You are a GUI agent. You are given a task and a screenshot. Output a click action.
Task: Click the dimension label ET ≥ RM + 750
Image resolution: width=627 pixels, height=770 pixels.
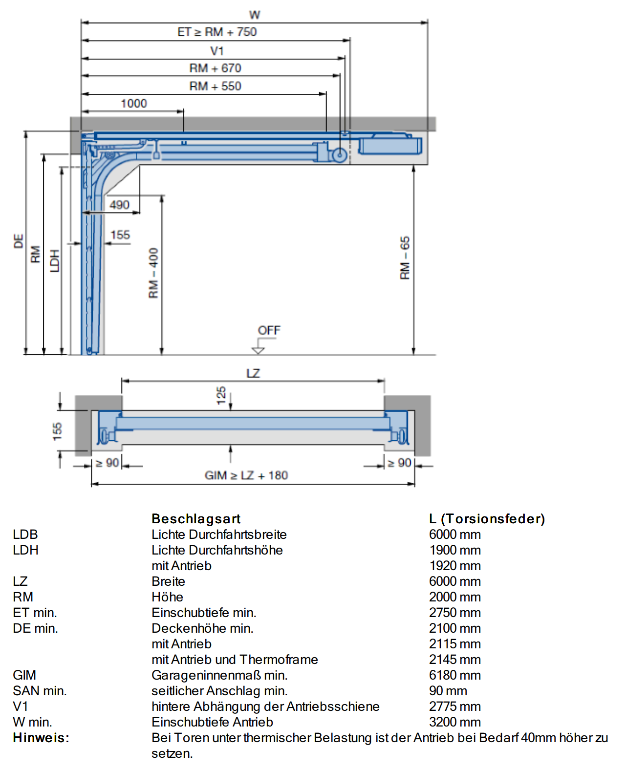click(217, 32)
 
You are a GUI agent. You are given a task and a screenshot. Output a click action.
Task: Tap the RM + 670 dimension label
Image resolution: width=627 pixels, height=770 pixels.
click(215, 68)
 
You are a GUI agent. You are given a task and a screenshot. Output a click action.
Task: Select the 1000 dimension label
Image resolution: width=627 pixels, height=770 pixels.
click(134, 104)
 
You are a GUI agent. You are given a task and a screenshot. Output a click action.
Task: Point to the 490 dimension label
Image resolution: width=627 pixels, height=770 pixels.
click(119, 205)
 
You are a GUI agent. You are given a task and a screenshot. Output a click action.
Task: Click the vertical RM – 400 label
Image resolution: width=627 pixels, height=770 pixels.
click(153, 273)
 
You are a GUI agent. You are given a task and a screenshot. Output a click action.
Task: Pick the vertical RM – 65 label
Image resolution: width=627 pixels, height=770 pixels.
click(405, 258)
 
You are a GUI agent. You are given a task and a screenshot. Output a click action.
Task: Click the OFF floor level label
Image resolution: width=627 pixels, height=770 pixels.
click(269, 330)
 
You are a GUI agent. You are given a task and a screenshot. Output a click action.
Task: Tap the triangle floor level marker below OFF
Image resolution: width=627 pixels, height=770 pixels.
click(258, 350)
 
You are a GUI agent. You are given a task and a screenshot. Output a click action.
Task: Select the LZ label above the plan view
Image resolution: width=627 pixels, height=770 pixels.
click(253, 373)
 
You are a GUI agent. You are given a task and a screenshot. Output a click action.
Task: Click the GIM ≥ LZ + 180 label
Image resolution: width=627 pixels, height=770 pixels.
click(246, 475)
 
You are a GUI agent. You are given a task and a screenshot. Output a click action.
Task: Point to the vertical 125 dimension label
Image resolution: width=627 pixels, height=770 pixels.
click(221, 395)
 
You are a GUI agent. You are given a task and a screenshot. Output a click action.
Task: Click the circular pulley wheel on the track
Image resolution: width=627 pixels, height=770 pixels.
click(339, 155)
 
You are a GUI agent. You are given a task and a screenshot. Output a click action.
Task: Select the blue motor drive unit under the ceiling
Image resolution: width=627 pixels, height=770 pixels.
click(390, 145)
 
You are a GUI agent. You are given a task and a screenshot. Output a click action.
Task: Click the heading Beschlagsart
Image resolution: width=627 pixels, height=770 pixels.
click(196, 519)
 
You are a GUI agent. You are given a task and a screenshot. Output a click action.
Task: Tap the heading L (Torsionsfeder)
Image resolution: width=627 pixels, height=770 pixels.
click(487, 519)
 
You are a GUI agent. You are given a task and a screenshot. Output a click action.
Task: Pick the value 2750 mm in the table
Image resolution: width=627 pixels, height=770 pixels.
click(455, 612)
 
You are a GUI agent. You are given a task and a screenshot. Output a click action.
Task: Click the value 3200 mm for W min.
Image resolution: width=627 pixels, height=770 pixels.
click(455, 722)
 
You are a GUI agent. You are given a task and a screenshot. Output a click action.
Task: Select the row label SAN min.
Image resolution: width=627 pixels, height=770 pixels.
click(40, 691)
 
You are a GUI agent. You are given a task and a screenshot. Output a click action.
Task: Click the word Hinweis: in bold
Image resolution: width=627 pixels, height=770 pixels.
click(41, 737)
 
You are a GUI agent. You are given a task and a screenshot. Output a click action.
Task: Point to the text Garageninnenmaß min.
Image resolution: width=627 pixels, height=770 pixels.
click(219, 675)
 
